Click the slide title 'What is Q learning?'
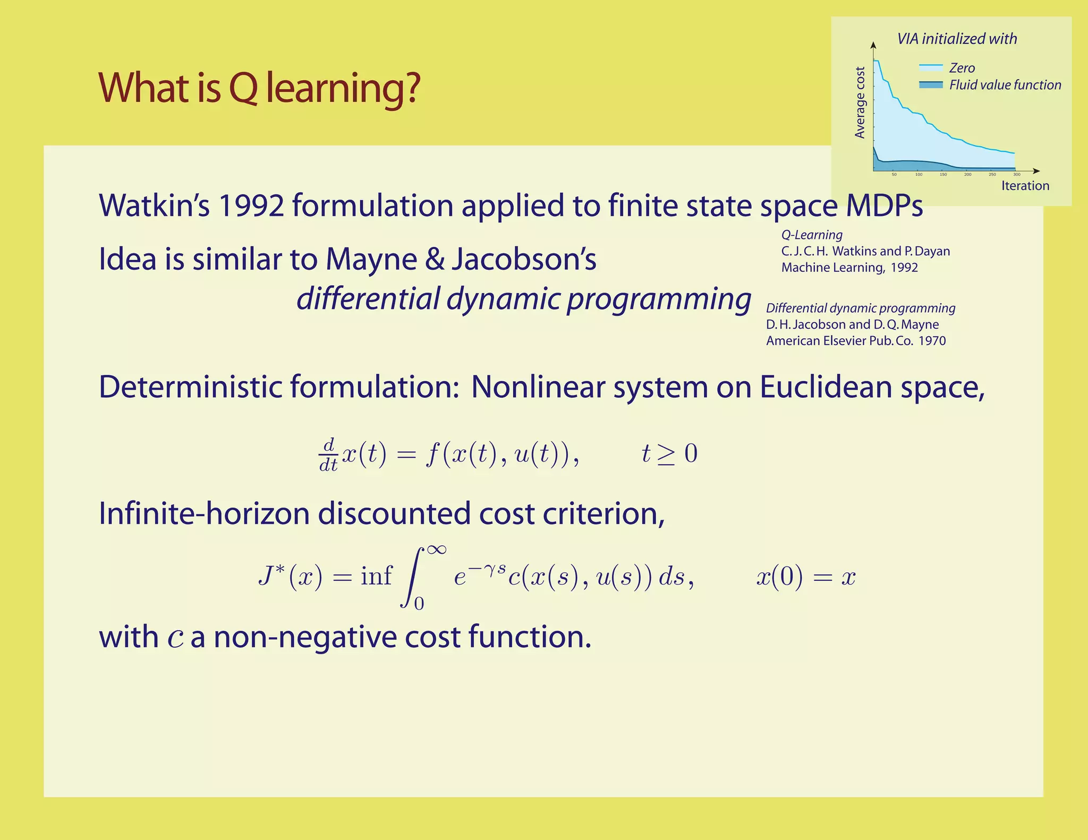coord(259,88)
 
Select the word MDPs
coord(884,206)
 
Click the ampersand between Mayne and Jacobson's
coord(435,260)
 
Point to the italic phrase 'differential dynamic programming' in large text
coord(523,299)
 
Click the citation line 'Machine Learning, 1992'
coord(849,268)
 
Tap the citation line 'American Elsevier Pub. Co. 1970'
coord(855,341)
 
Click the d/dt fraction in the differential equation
coord(328,455)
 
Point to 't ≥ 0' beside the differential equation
coord(669,454)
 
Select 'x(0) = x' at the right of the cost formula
coord(805,577)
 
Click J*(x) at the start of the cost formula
coord(290,576)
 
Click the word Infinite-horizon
coord(204,514)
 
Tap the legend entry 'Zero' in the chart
coord(962,68)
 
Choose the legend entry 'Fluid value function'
coord(1005,85)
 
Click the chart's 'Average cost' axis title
coord(860,102)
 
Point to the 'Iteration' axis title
coord(1025,186)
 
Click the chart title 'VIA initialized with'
coord(956,39)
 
